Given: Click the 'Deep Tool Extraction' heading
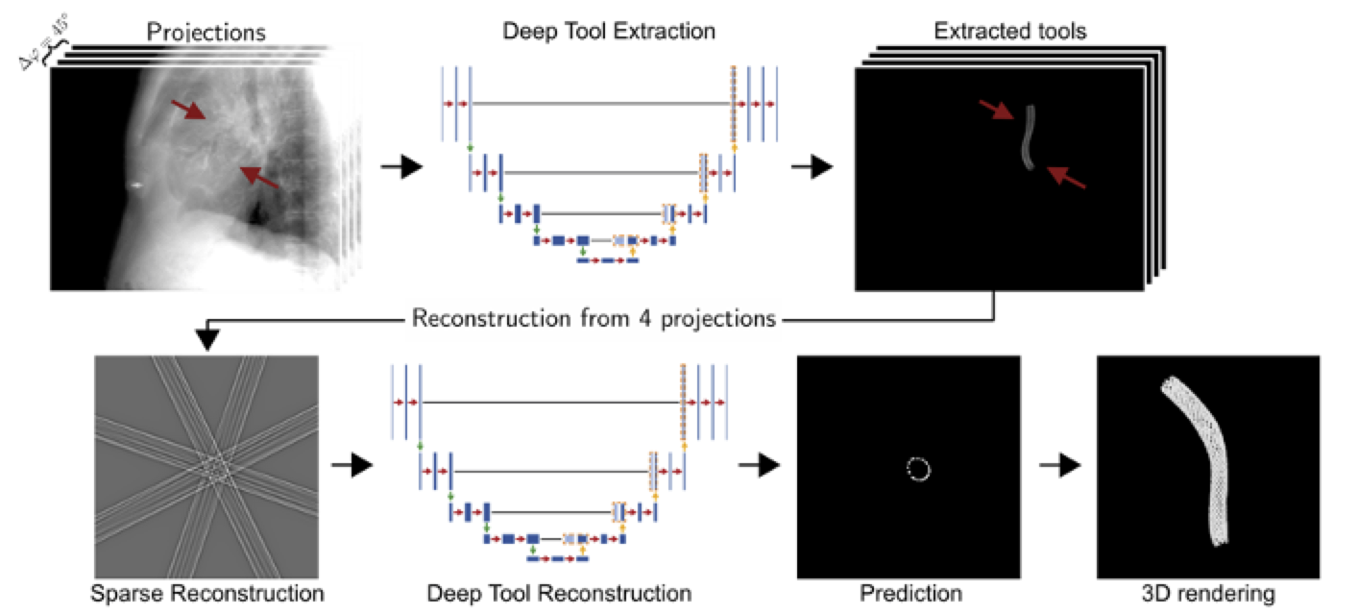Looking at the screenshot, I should point(609,31).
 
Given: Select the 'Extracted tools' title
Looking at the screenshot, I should point(1009,31).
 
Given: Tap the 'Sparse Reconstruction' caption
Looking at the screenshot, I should point(207,593).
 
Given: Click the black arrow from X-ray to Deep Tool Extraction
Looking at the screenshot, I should point(401,168).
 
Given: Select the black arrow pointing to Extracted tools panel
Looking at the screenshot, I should point(812,168).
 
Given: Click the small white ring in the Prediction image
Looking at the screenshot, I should point(918,469).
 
